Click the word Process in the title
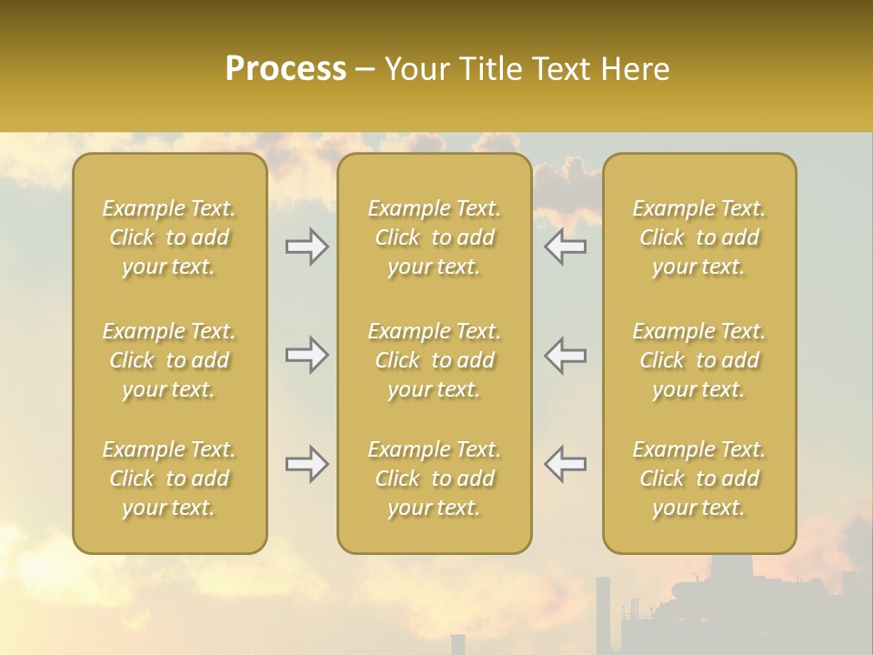point(286,69)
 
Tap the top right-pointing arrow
point(306,247)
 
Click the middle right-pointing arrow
point(306,355)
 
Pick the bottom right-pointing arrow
point(306,464)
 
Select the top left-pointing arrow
point(565,247)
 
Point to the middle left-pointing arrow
point(565,355)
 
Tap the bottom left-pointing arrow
point(565,464)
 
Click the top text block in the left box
point(169,237)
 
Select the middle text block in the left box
point(169,360)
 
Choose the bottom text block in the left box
point(169,479)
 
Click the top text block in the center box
point(434,237)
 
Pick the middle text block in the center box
point(434,360)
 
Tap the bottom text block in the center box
point(434,479)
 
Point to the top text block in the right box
point(698,237)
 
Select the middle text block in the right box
point(698,360)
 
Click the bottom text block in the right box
point(698,479)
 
